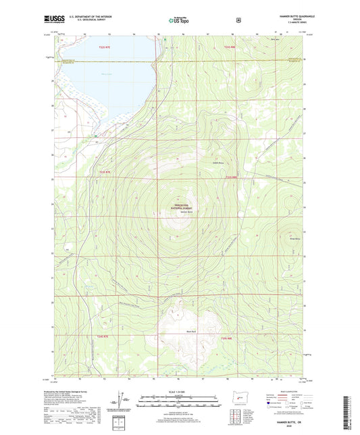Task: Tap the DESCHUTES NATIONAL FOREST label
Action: tap(175, 207)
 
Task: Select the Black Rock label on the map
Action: tap(173, 332)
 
